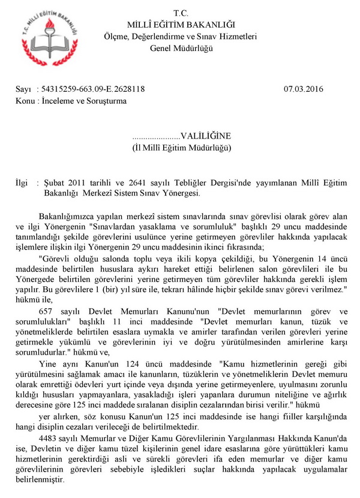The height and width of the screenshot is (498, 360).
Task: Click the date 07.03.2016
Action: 304,89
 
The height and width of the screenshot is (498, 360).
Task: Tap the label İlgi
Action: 20,182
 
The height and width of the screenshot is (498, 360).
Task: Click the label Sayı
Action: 23,89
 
